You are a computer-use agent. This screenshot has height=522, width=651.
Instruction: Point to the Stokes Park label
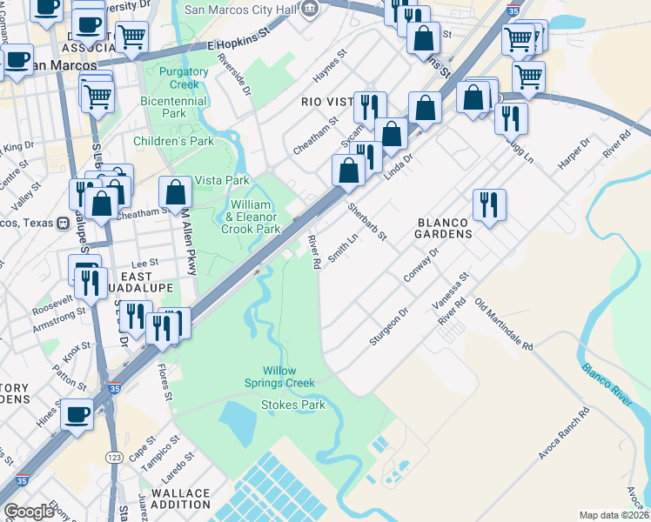click(x=288, y=405)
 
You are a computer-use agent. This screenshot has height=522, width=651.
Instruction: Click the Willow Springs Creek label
click(x=288, y=377)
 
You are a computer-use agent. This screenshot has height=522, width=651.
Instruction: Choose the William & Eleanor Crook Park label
click(x=253, y=217)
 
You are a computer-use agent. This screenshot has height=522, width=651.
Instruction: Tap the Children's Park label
click(x=173, y=141)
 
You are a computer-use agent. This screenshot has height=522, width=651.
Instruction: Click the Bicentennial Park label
click(x=174, y=107)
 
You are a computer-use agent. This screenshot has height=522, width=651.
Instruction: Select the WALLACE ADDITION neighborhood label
click(x=181, y=499)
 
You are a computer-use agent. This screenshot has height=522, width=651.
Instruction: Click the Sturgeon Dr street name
click(x=389, y=326)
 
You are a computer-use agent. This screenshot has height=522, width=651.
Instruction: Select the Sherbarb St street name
click(x=366, y=224)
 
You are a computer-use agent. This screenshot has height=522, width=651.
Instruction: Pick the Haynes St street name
click(x=331, y=66)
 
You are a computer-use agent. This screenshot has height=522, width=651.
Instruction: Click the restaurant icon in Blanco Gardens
click(x=489, y=205)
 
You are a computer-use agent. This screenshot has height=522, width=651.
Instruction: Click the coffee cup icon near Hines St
click(x=77, y=415)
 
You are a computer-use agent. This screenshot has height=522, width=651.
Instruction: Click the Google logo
click(x=29, y=512)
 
